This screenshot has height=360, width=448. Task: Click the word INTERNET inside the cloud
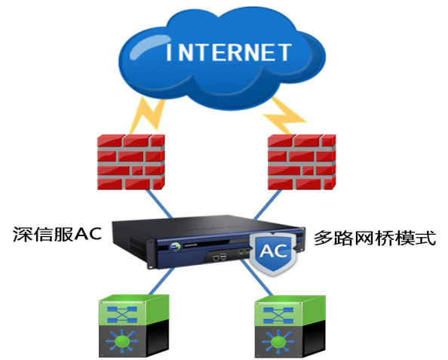pos(229,52)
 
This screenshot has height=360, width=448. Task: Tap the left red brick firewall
pos(131,162)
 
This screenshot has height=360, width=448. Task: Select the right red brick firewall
pos(302,162)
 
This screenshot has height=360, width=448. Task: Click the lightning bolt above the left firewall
pos(148,115)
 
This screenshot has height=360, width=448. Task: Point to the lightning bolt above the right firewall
pos(284,115)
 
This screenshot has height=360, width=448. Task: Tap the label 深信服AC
pos(57,235)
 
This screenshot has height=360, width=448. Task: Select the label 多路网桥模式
pos(375,238)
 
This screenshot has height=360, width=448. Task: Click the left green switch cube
pos(133,326)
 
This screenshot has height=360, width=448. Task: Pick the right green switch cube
pos(290,327)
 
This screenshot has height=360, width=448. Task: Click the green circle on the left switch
pos(122,341)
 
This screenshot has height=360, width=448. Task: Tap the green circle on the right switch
pos(278,342)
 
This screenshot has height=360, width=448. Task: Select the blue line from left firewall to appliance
pos(159,204)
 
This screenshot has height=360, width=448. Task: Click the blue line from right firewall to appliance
pos(268,205)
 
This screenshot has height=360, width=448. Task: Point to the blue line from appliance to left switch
pos(161,282)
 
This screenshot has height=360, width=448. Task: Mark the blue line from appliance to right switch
pos(256,278)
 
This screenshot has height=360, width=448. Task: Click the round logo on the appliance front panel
pos(175,247)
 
